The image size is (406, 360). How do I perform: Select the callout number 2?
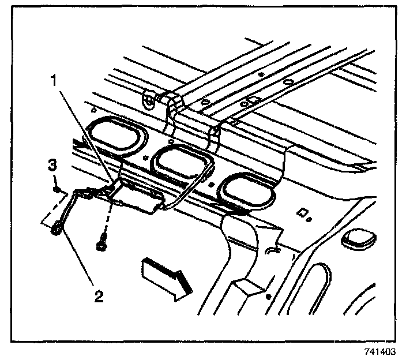99,297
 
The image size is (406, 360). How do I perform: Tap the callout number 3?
52,166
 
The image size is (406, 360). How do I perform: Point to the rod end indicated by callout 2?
56,230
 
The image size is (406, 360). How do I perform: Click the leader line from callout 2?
77,260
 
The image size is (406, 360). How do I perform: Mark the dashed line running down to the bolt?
106,217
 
